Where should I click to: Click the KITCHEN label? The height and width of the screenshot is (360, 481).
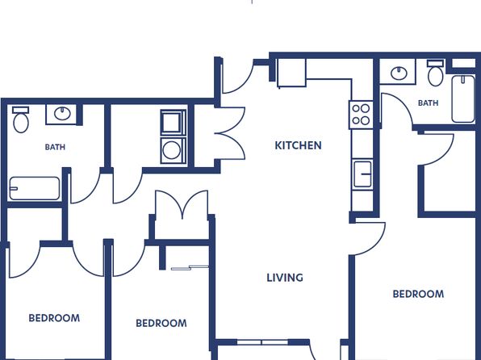pyautogui.click(x=298, y=145)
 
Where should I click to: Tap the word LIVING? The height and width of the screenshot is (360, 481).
pyautogui.click(x=285, y=278)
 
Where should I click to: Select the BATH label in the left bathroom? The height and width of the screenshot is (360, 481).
pyautogui.click(x=55, y=147)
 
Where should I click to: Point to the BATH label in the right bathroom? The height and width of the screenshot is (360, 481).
pyautogui.click(x=429, y=103)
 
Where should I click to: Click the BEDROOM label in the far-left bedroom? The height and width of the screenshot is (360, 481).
pyautogui.click(x=54, y=318)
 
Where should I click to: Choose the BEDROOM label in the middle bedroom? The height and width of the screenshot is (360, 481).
pyautogui.click(x=161, y=323)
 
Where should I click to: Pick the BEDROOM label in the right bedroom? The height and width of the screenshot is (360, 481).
pyautogui.click(x=418, y=294)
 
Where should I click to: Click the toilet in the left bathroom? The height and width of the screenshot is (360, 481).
pyautogui.click(x=21, y=119)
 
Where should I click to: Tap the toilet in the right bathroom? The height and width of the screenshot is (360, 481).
pyautogui.click(x=436, y=73)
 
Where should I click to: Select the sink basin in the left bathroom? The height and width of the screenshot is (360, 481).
pyautogui.click(x=63, y=114)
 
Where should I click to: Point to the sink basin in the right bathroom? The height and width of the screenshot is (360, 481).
pyautogui.click(x=399, y=73)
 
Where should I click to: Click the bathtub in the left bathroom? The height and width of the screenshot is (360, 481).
pyautogui.click(x=35, y=188)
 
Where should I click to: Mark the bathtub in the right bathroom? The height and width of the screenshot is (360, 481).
pyautogui.click(x=463, y=98)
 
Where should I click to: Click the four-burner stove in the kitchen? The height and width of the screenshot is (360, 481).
pyautogui.click(x=361, y=115)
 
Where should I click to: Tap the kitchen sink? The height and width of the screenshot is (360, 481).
pyautogui.click(x=362, y=174)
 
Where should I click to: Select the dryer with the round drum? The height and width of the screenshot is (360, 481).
pyautogui.click(x=174, y=150)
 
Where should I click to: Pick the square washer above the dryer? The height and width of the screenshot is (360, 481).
pyautogui.click(x=174, y=123)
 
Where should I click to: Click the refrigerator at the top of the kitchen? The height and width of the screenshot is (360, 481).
pyautogui.click(x=291, y=73)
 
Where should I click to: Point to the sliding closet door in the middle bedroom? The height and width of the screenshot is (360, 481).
pyautogui.click(x=190, y=268)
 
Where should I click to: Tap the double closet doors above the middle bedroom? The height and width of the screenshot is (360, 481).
pyautogui.click(x=182, y=205)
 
